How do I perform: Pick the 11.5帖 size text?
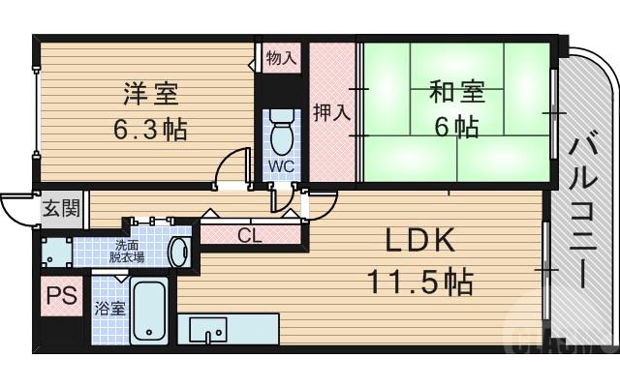[418, 282]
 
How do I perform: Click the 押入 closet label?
[331, 112]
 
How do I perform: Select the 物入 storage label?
[281, 58]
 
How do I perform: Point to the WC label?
[280, 165]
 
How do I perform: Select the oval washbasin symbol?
[179, 253]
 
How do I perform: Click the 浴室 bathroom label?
[109, 310]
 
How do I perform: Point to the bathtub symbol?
[150, 312]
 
